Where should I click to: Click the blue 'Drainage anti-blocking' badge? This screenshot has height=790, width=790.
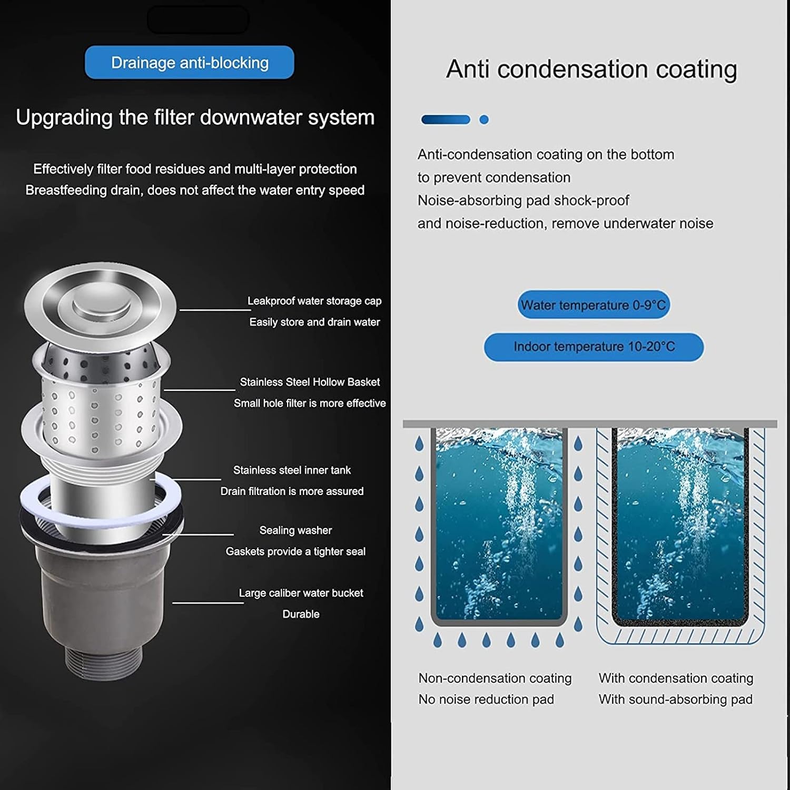[x=190, y=62]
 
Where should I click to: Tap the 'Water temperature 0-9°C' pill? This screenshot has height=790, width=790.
[x=594, y=304]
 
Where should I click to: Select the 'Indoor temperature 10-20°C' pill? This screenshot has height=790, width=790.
[x=594, y=347]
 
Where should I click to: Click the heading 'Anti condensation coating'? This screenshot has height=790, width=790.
[x=591, y=70]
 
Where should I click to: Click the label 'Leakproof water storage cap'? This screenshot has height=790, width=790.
[x=314, y=301]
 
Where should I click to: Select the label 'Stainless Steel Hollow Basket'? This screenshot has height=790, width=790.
[x=310, y=382]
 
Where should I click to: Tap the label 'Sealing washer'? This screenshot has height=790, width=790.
[x=295, y=530]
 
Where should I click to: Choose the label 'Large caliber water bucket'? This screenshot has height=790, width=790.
[x=301, y=593]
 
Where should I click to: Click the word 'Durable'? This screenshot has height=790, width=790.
[x=301, y=614]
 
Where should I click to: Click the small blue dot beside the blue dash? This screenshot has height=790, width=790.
[x=484, y=120]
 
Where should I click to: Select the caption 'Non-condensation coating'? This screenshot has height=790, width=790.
[x=495, y=678]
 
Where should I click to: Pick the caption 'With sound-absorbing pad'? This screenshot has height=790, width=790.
[x=676, y=699]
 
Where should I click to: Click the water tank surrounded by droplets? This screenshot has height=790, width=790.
[x=499, y=527]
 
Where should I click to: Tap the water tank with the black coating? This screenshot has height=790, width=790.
[x=680, y=527]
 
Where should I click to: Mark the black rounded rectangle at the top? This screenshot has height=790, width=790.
[x=198, y=20]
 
